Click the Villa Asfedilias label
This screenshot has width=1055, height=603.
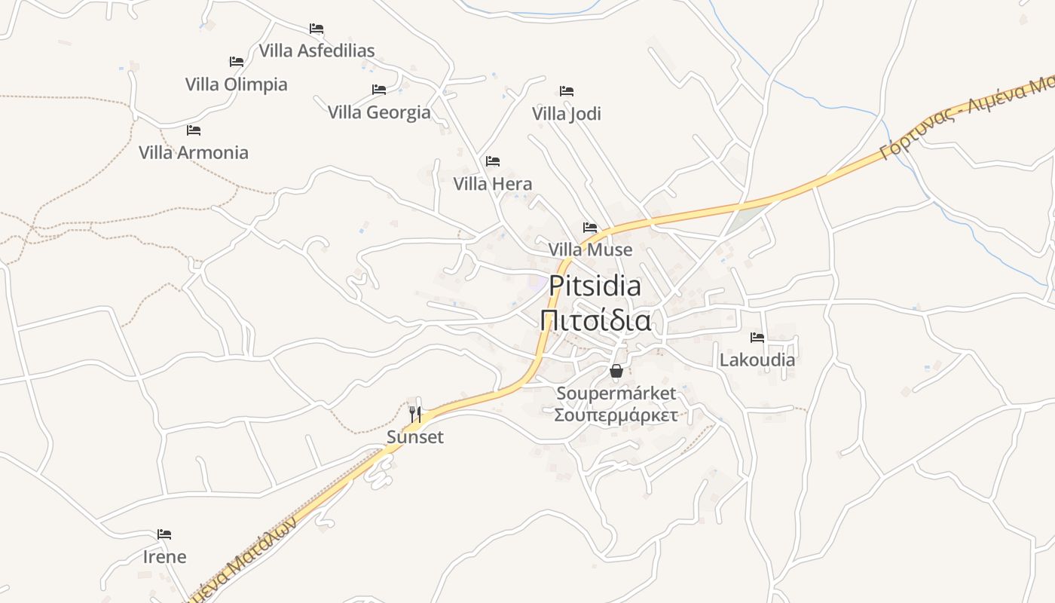tap(316, 51)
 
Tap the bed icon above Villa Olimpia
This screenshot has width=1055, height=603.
tap(237, 61)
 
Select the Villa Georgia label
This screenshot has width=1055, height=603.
tap(379, 112)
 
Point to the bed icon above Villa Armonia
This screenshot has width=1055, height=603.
tap(194, 130)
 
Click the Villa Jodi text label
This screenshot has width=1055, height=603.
tap(567, 114)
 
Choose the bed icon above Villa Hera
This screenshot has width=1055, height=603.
tap(493, 161)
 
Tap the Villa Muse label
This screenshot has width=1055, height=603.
tap(590, 249)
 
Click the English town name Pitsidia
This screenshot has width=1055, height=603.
tap(595, 286)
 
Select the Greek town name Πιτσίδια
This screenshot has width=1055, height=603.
tap(595, 320)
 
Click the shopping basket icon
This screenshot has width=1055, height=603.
tap(616, 371)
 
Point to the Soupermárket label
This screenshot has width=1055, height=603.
tap(616, 393)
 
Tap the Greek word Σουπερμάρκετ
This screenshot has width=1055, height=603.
tap(616, 415)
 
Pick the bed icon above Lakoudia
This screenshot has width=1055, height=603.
tap(757, 337)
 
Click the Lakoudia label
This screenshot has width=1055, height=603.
tap(757, 360)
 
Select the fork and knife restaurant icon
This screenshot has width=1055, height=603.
tap(414, 414)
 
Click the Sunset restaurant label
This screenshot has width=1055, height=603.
tap(415, 437)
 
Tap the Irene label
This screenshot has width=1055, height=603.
tap(164, 557)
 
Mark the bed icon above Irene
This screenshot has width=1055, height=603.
tap(164, 534)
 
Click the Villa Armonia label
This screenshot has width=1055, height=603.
tap(194, 152)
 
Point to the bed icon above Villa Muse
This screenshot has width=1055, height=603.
tap(590, 227)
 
